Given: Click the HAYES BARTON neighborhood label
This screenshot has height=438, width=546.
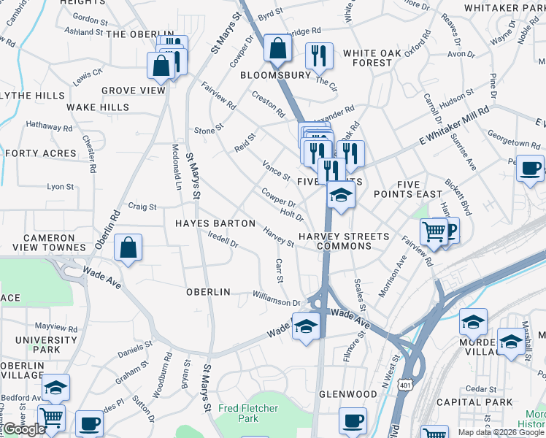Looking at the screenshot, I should click(215, 223).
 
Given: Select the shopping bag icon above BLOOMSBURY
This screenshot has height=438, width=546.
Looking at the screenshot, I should click(278, 49).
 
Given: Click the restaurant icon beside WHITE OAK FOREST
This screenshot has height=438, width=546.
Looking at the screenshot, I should click(319, 55).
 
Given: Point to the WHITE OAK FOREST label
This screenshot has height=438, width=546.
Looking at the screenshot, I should click(368, 58).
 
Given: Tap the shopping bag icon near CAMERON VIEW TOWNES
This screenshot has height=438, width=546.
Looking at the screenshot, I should click(128, 247).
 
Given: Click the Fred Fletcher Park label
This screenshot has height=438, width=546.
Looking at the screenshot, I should click(247, 413).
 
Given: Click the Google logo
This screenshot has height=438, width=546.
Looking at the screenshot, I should click(24, 429).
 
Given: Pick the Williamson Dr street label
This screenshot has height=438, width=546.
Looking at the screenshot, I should click(277, 302).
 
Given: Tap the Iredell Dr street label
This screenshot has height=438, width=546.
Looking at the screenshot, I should click(223, 239).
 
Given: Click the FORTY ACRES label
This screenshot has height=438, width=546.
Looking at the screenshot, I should click(40, 153).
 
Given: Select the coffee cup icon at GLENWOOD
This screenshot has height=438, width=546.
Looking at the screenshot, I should click(353, 420).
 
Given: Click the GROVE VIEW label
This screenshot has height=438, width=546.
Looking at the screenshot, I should click(134, 91).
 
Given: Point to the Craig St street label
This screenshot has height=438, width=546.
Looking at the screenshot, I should click(142, 207).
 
